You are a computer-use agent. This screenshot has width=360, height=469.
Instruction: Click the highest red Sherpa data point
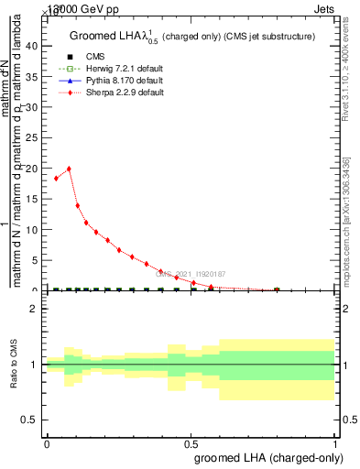[x=69, y=169]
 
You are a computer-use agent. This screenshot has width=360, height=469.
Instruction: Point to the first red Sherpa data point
[x=56, y=179]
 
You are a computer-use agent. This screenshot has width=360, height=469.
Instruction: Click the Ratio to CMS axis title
[x=14, y=365]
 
